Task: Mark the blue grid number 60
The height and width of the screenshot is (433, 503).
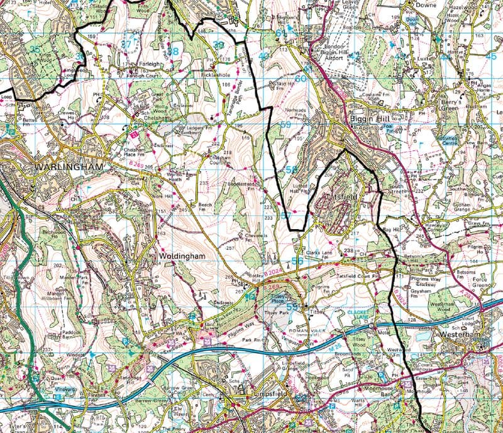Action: pos(301,79)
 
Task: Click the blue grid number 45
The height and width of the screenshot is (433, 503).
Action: pos(490,57)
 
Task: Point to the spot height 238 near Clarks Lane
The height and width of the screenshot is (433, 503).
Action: pos(349,250)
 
